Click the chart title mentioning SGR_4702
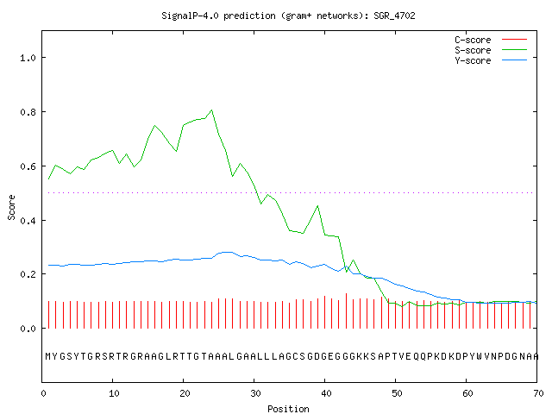(x=288, y=16)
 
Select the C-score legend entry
(x=491, y=40)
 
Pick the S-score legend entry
(x=491, y=50)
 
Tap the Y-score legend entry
(x=491, y=60)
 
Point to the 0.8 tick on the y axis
(x=28, y=112)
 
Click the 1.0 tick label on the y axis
(x=28, y=58)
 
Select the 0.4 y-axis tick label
(x=28, y=221)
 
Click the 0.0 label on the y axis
(x=28, y=329)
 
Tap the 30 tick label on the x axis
(x=255, y=393)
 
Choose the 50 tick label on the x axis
(x=397, y=393)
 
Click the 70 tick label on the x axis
(x=538, y=393)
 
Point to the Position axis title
(x=288, y=409)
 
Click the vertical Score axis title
(x=11, y=207)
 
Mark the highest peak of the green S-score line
(x=211, y=110)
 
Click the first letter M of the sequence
(x=48, y=356)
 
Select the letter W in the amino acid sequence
(x=480, y=356)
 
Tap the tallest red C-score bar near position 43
(x=346, y=310)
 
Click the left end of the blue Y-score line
(x=48, y=265)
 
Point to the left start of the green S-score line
(x=48, y=179)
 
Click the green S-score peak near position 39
(x=318, y=205)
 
